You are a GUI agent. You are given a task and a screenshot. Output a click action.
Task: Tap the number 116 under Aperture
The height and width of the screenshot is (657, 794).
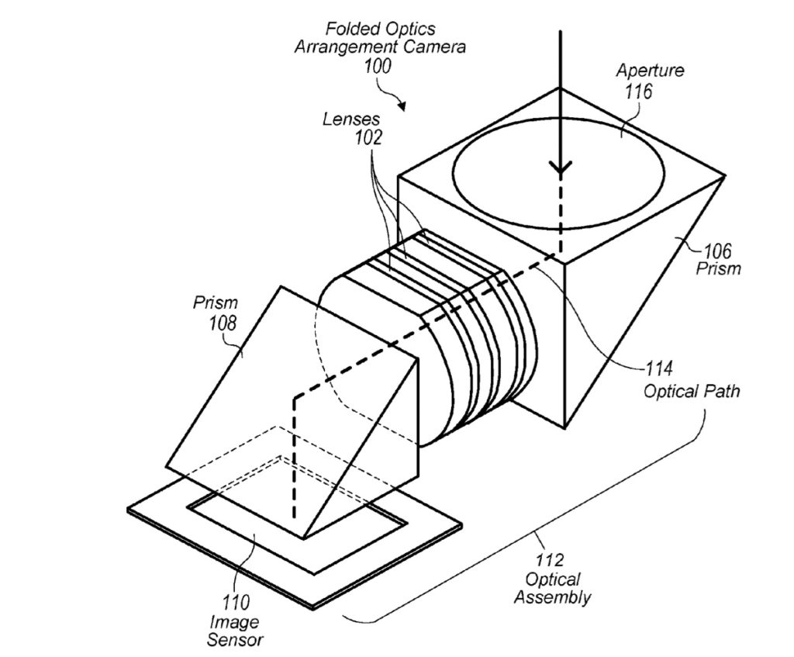(641, 92)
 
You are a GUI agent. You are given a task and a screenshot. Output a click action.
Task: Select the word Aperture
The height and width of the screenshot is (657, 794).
(650, 71)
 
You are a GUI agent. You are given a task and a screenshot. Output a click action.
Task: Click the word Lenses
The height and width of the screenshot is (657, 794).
(352, 119)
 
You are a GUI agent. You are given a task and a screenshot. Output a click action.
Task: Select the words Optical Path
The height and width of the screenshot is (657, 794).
(691, 390)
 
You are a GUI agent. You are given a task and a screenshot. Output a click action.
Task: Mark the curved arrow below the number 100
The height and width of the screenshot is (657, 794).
(399, 99)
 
